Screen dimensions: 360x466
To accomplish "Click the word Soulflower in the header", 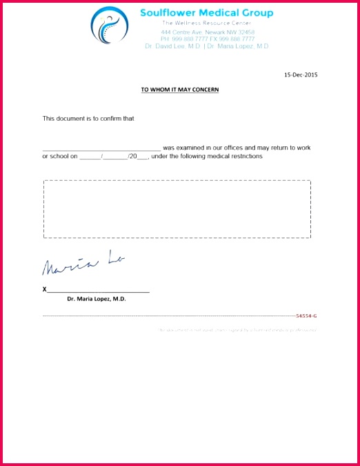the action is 168,12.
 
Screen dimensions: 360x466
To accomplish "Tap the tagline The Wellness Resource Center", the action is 206,23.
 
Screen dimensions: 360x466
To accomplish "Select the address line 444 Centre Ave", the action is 207,32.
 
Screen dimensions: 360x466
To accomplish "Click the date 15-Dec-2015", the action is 301,75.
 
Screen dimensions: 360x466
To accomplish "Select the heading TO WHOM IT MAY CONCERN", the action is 180,90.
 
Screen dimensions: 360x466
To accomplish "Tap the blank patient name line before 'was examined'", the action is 101,148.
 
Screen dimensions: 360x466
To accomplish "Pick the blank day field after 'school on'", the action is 90,157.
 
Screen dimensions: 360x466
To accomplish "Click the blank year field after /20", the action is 143,157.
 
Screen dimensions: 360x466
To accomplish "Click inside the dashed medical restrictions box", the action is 177,208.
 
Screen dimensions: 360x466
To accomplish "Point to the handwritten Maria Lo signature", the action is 83,263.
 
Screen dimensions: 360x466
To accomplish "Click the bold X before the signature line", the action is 45,289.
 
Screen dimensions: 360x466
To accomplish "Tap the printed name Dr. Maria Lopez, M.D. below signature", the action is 97,299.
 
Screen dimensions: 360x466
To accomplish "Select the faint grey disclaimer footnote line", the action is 238,330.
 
